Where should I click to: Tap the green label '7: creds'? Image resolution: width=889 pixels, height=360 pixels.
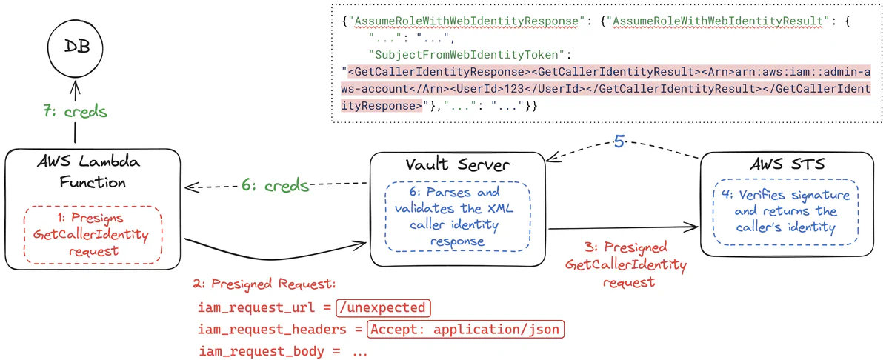(x=74, y=112)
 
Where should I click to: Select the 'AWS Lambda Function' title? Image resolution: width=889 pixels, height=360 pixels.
(x=89, y=172)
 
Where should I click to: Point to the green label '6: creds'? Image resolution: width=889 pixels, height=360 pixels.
(x=276, y=184)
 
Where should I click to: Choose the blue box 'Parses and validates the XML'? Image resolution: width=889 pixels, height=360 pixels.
(x=456, y=216)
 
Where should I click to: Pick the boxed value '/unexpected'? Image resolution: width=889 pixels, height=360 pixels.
(x=383, y=307)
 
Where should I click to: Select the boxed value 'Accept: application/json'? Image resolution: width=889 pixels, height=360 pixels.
(x=465, y=329)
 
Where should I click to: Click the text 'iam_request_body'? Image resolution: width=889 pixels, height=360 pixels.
(x=260, y=352)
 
